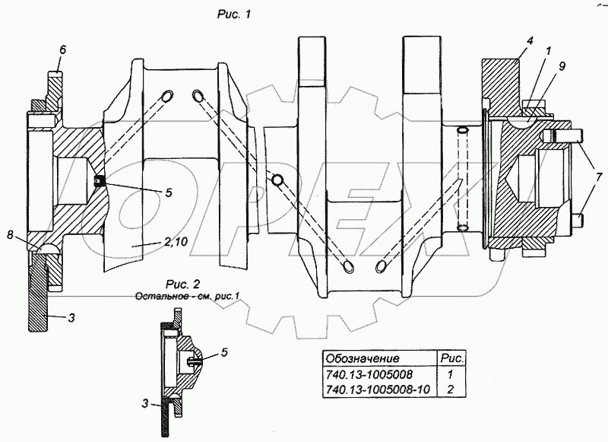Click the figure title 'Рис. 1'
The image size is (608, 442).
coord(234,14)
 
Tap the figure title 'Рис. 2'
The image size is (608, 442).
coord(182,284)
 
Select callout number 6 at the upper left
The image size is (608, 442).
coord(63,49)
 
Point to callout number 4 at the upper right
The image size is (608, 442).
coord(530,40)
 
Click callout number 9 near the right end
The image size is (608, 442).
coord(562,66)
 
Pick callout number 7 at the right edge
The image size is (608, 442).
coord(600,174)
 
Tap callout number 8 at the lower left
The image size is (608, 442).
coord(10,235)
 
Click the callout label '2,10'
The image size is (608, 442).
coord(176,242)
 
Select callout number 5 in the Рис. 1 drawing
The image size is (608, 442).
coord(168,192)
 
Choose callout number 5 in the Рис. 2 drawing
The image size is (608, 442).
coord(224,352)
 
